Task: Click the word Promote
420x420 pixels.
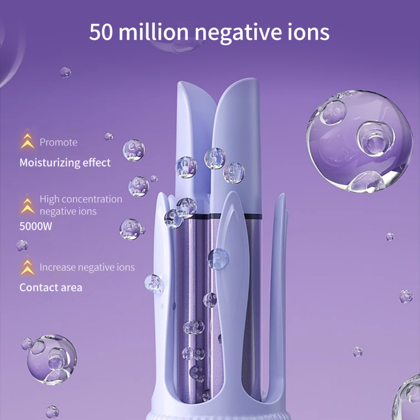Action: pyautogui.click(x=58, y=142)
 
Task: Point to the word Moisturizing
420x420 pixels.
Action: pyautogui.click(x=49, y=163)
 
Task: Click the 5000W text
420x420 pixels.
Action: pyautogui.click(x=36, y=226)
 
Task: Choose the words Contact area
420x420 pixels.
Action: pyautogui.click(x=51, y=288)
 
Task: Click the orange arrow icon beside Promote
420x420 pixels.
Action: pyautogui.click(x=27, y=141)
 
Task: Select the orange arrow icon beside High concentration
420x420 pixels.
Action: pyautogui.click(x=27, y=205)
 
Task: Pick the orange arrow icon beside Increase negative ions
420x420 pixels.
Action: pyautogui.click(x=27, y=267)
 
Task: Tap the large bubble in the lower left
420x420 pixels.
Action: pyautogui.click(x=51, y=359)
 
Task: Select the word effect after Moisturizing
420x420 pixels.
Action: pyautogui.click(x=97, y=163)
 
